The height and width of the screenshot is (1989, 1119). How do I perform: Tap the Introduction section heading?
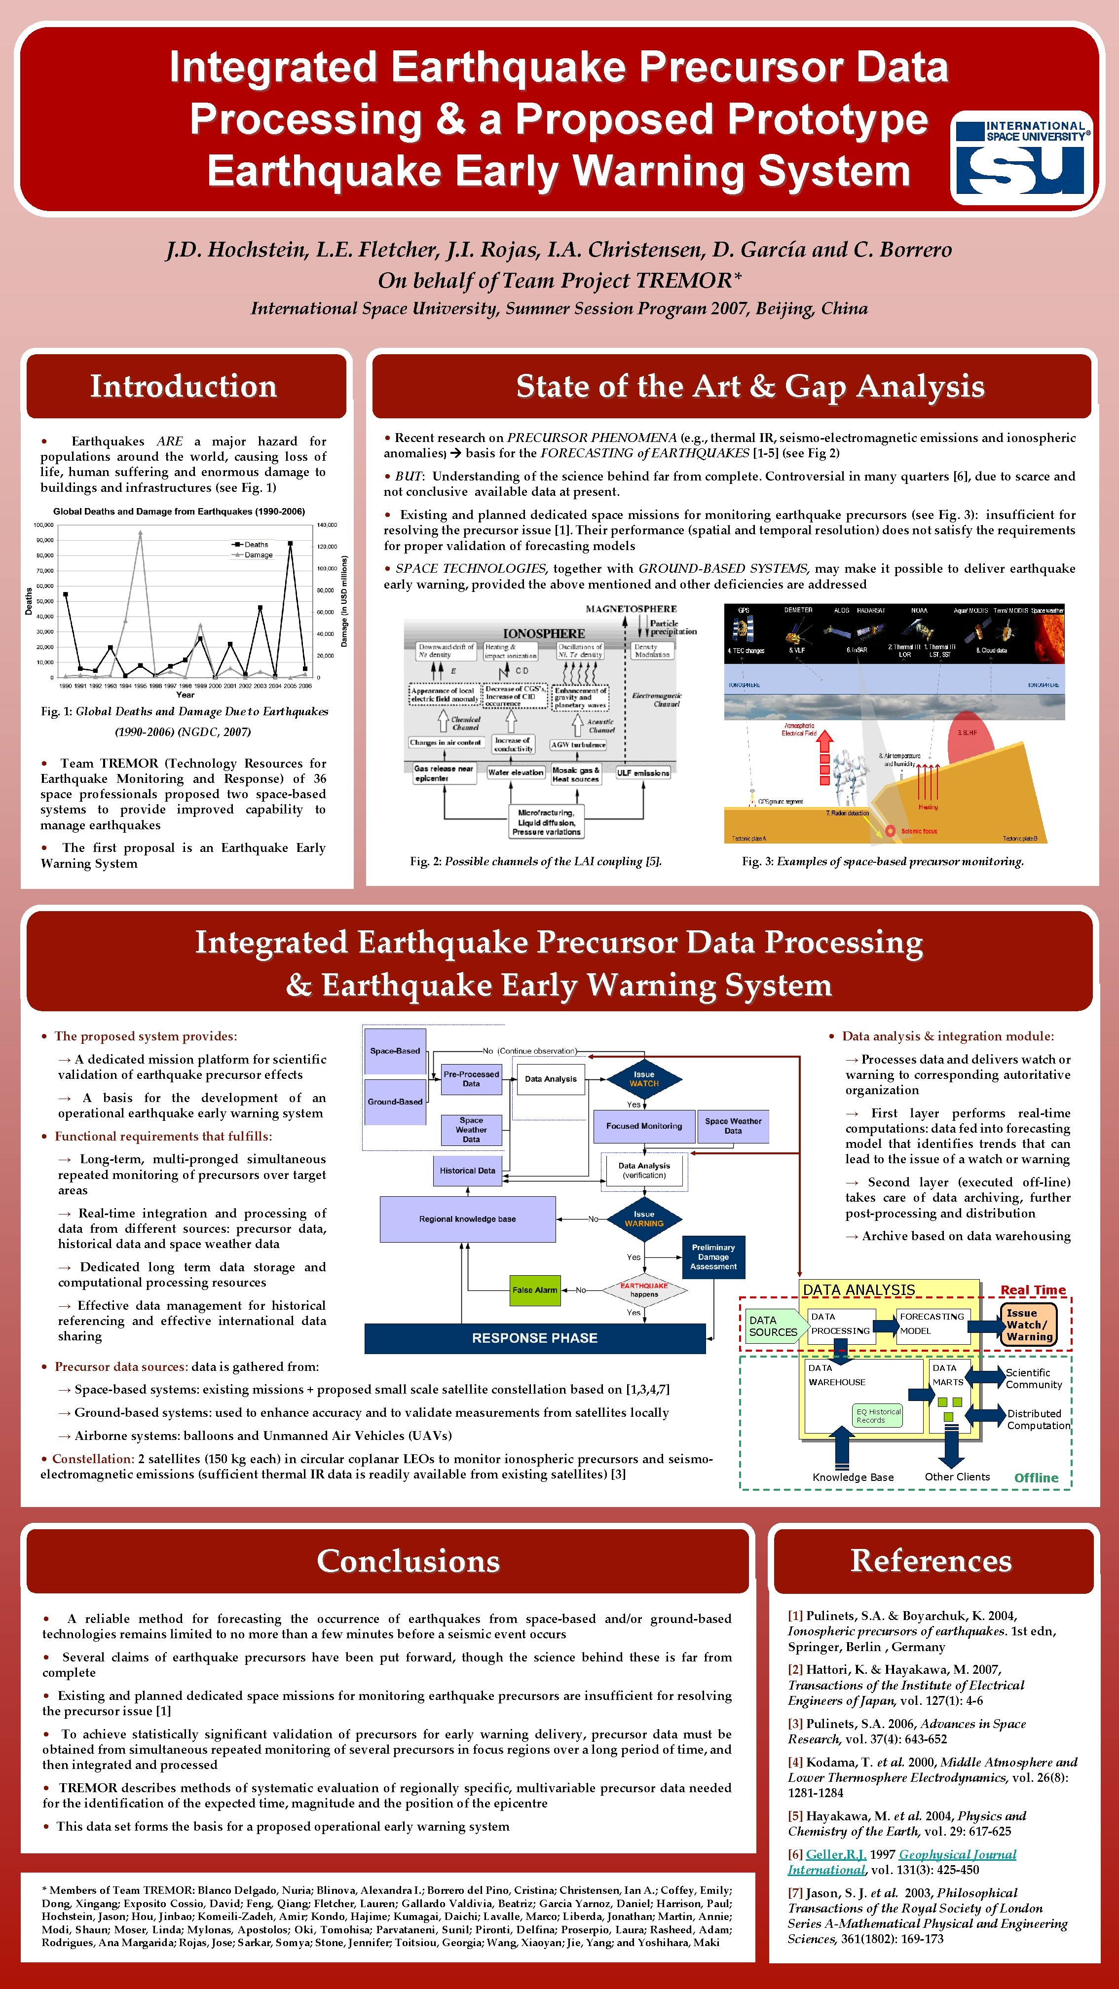[184, 386]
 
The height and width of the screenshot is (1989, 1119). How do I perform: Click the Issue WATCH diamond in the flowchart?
[643, 1079]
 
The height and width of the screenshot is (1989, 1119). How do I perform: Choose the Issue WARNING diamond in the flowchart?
[643, 1218]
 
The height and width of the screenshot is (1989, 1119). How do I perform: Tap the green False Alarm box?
[534, 1289]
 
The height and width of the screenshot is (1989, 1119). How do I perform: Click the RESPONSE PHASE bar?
[534, 1338]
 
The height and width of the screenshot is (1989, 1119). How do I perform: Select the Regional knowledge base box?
[467, 1218]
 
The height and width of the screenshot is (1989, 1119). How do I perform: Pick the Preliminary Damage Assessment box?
[713, 1256]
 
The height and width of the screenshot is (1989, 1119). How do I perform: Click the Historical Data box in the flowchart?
[467, 1171]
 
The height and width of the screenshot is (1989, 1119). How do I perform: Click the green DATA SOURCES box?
[773, 1326]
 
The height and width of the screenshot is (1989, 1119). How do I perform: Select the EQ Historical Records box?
[878, 1415]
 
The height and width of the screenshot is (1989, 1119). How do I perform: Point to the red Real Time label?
[1033, 1290]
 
